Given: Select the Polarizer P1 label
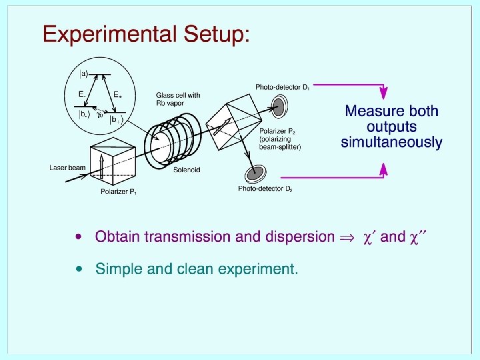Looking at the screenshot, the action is pyautogui.click(x=119, y=192).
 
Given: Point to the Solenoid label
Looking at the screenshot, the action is pyautogui.click(x=187, y=170).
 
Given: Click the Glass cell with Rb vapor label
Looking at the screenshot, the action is pyautogui.click(x=178, y=98).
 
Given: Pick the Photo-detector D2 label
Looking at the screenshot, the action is pyautogui.click(x=265, y=189).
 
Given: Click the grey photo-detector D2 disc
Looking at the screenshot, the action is pyautogui.click(x=254, y=175).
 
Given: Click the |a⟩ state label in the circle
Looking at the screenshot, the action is pyautogui.click(x=84, y=73).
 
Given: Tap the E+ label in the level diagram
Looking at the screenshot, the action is pyautogui.click(x=117, y=95).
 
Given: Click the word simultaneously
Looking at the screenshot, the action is pyautogui.click(x=391, y=142).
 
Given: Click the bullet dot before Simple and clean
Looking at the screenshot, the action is pyautogui.click(x=80, y=269).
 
